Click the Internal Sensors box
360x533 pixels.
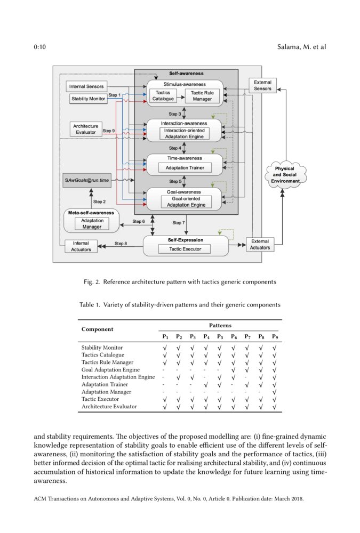(87, 86)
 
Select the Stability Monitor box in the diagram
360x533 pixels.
(89, 99)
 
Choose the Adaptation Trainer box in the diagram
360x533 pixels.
(185, 168)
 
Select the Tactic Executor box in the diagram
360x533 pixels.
(185, 249)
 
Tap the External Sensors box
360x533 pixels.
(262, 85)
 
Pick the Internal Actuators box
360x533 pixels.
(78, 246)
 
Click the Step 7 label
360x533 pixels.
(179, 222)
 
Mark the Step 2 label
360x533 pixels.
(99, 201)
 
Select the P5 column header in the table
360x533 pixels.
(220, 337)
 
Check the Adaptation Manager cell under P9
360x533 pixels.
(274, 392)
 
